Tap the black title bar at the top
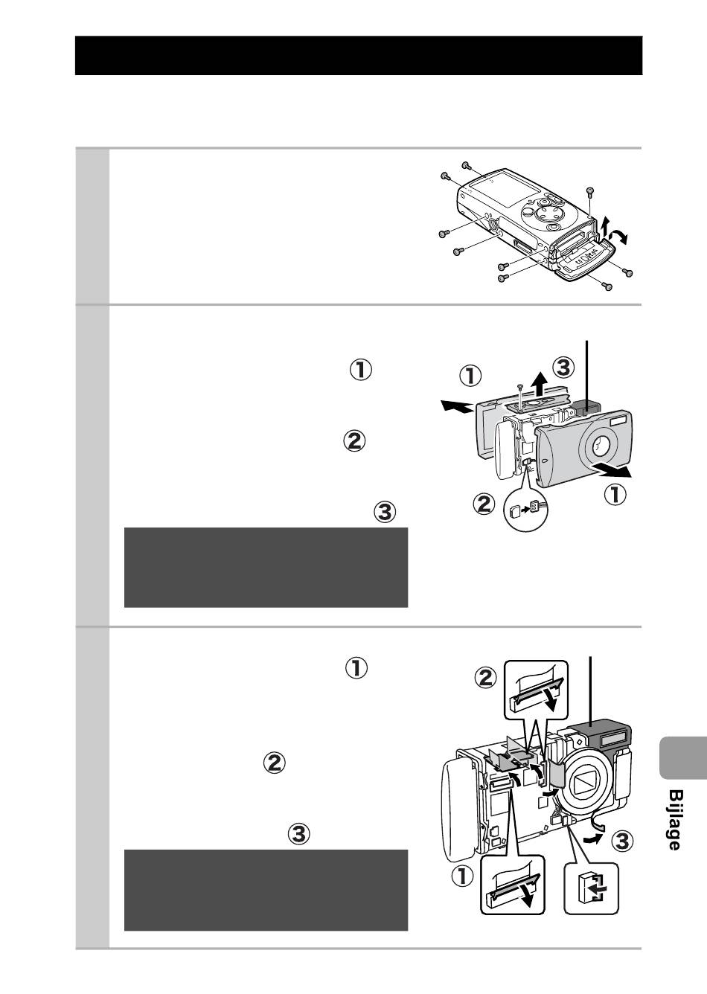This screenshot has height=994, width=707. [358, 55]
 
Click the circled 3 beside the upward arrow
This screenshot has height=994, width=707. [565, 367]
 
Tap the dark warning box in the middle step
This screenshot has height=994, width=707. [266, 567]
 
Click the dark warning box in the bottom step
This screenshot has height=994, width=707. [266, 890]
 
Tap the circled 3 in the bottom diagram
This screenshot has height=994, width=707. [622, 841]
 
